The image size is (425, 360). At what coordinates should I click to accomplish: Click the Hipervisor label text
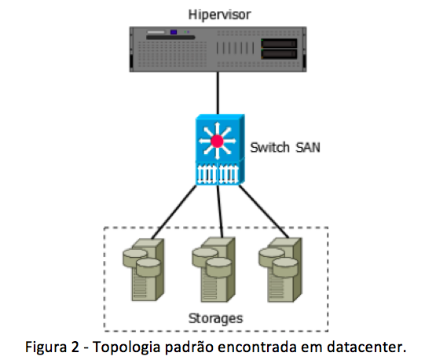tap(219, 14)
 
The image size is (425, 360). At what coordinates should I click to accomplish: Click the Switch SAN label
tap(285, 147)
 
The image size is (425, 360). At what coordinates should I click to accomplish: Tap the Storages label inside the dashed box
tap(216, 318)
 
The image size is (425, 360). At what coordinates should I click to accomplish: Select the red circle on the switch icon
tap(217, 141)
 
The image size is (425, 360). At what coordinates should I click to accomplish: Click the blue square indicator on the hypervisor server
tap(174, 32)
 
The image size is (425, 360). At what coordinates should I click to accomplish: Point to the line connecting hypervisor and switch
tap(218, 93)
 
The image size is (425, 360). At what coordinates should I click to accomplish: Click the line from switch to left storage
tap(174, 212)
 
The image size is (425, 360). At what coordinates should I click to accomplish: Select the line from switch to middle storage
tap(220, 211)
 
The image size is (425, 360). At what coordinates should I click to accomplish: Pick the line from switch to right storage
tap(263, 211)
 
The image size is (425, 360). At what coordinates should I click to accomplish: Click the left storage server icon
tap(144, 270)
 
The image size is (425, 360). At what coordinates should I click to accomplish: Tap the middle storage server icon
tap(214, 270)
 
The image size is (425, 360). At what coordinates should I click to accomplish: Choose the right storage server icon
tap(280, 270)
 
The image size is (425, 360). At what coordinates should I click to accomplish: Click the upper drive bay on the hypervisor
tap(279, 43)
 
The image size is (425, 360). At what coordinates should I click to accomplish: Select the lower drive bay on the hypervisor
tap(279, 54)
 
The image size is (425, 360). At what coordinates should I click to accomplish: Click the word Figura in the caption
tap(46, 347)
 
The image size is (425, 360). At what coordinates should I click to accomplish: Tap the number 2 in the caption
tap(75, 347)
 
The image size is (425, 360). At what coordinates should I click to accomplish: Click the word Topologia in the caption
tap(126, 347)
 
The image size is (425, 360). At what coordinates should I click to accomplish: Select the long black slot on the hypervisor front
tap(170, 38)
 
